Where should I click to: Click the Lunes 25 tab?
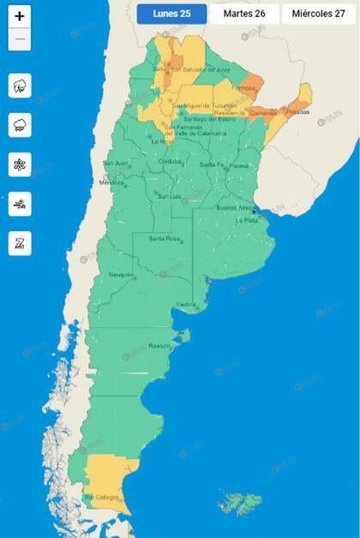(x=171, y=14)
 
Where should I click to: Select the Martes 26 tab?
(x=244, y=14)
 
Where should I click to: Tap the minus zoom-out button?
(x=20, y=40)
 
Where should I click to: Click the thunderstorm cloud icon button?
(x=20, y=86)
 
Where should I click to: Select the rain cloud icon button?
(x=20, y=125)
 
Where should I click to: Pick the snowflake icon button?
(x=20, y=164)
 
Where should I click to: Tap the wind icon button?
(x=20, y=203)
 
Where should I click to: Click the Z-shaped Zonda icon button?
(x=20, y=242)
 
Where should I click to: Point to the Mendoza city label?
(x=111, y=182)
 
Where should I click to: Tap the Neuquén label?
(x=121, y=274)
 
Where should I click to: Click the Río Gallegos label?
(x=100, y=497)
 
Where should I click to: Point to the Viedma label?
(x=187, y=304)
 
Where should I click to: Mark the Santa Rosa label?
(x=163, y=238)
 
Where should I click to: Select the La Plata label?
(x=248, y=219)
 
